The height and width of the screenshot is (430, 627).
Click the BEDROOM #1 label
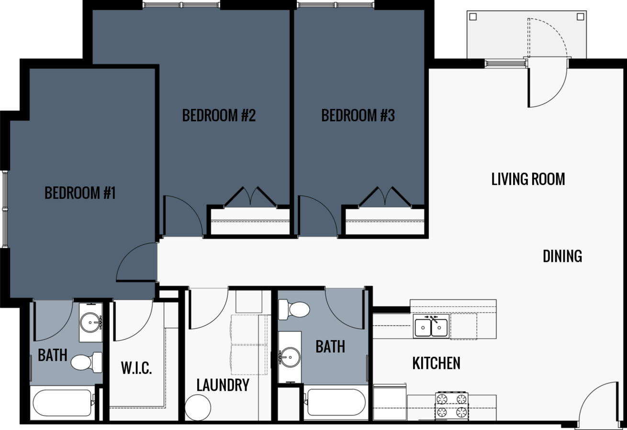click(x=80, y=193)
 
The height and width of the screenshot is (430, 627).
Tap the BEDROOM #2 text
click(x=219, y=116)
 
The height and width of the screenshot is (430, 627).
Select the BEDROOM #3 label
click(x=358, y=116)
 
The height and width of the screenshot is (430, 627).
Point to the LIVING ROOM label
click(x=528, y=179)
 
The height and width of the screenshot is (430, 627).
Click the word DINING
click(x=562, y=257)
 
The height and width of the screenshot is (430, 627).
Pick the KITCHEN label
click(x=436, y=364)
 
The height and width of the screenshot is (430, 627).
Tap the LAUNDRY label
click(x=223, y=385)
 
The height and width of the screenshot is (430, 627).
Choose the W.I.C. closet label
click(x=136, y=368)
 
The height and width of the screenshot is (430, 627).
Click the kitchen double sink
click(x=431, y=327)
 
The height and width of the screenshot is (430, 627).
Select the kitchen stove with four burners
click(x=451, y=406)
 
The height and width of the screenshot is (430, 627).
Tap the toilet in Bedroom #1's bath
click(x=87, y=362)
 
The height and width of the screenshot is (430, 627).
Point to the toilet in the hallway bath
click(x=294, y=309)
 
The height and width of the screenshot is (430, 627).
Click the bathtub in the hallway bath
click(x=336, y=402)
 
